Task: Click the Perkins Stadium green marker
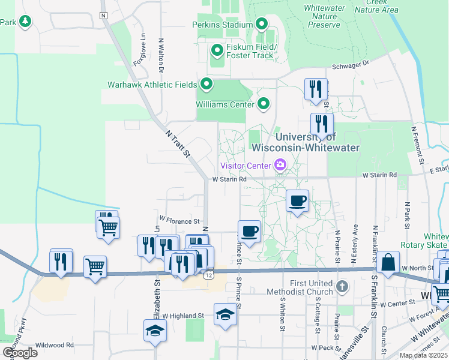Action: [262, 25]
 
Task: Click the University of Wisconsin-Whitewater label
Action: [306, 142]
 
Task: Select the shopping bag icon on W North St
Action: [388, 262]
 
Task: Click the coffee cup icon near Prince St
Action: [250, 230]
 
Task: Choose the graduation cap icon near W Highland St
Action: [225, 314]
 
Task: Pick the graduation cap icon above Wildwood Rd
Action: [155, 330]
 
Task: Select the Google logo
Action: [20, 352]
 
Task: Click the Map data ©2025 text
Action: [423, 355]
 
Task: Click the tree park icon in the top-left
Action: [25, 22]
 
